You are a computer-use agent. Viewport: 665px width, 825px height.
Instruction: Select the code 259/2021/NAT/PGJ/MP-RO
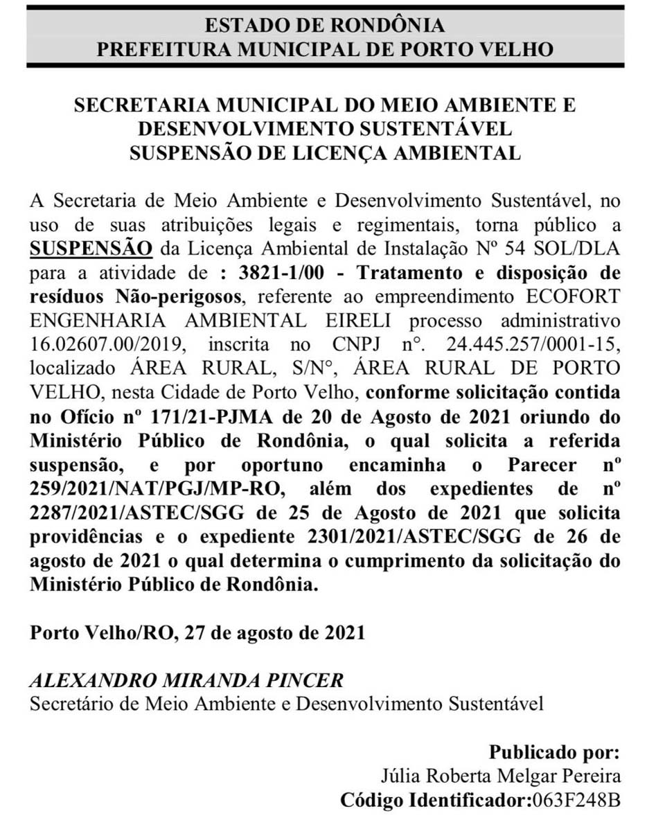pos(157,489)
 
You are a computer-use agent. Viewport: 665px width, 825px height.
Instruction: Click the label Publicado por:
pos(554,752)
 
